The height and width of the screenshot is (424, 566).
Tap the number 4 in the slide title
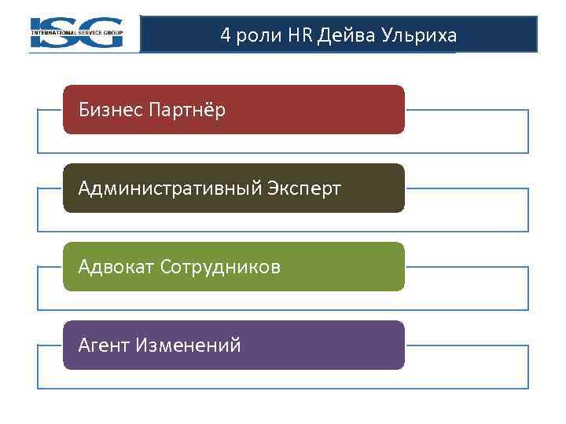226,35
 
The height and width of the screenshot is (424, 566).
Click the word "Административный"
171,188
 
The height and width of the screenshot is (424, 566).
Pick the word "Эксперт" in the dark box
305,188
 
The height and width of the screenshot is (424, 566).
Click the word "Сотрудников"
220,267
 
